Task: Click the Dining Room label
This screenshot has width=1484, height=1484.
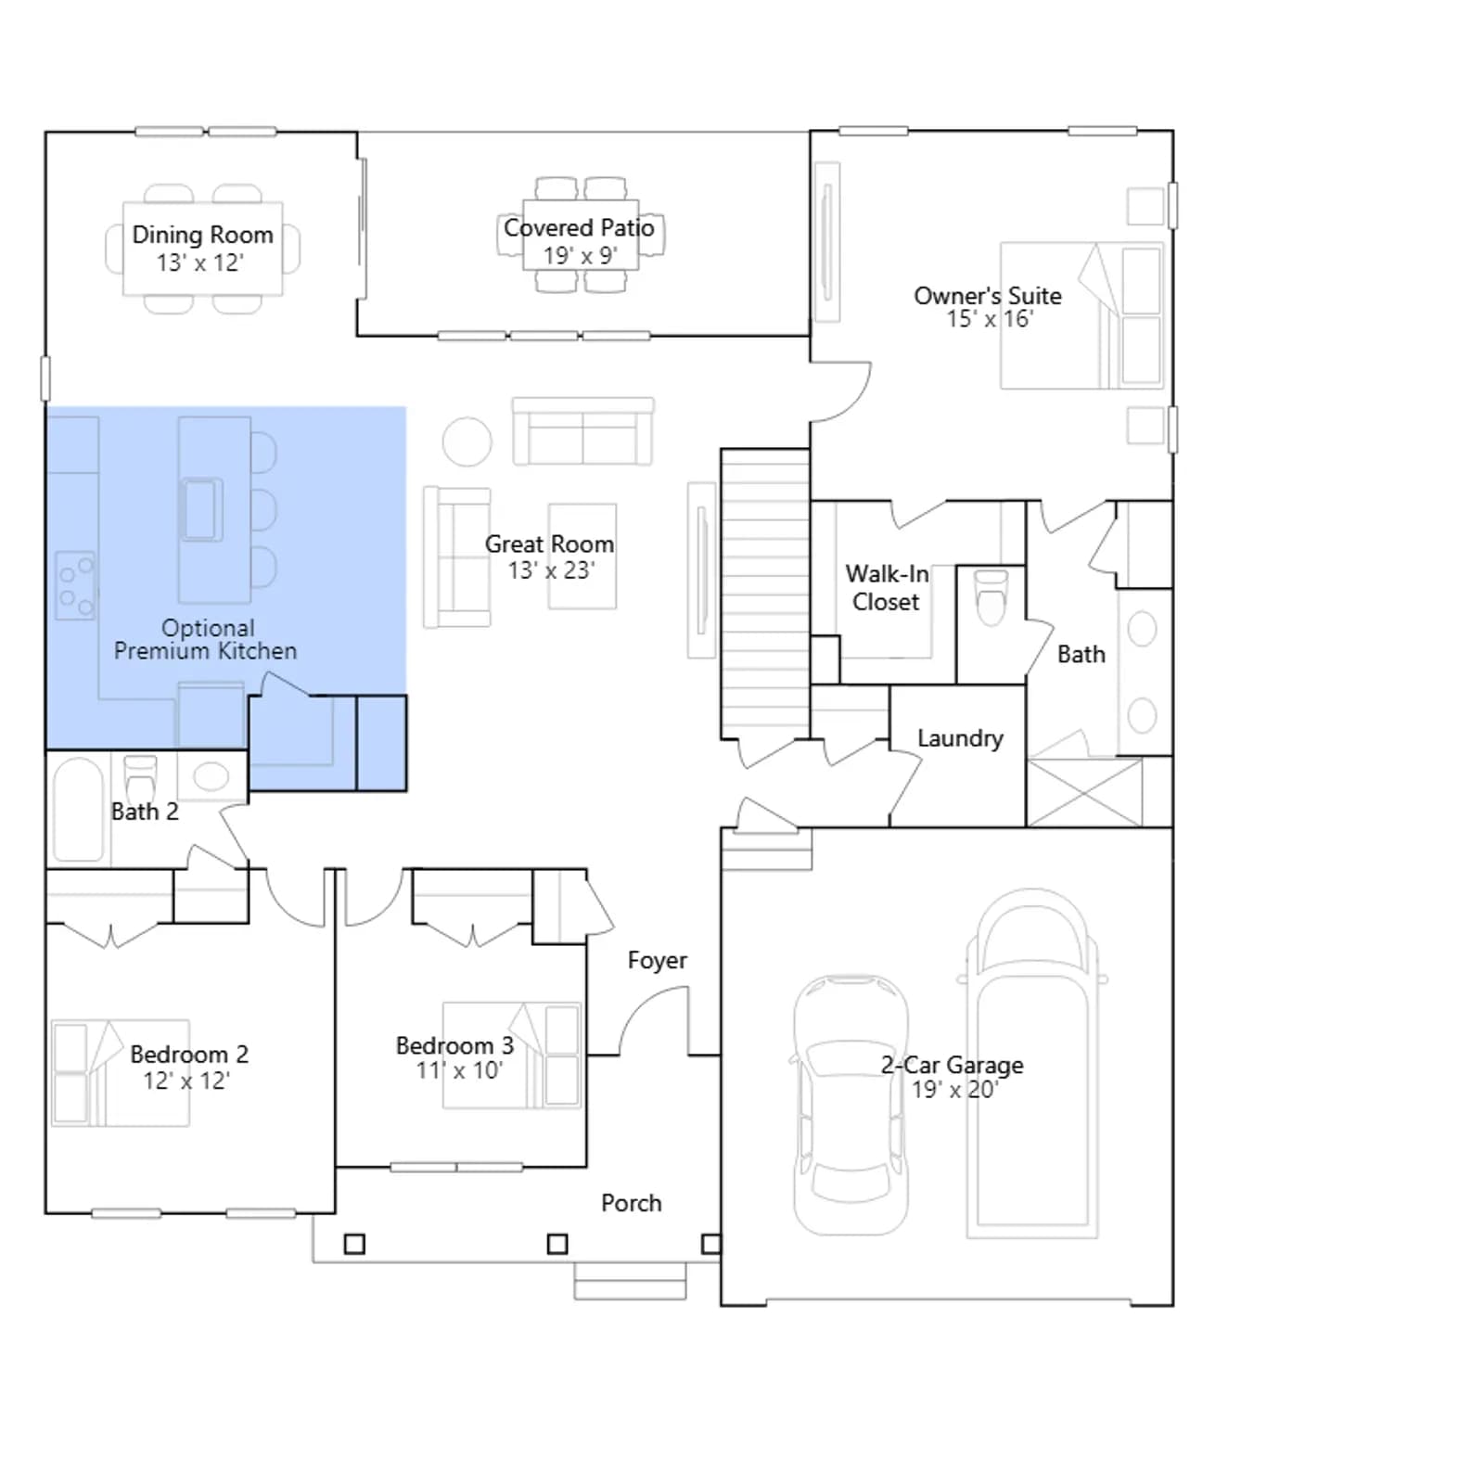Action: click(x=202, y=235)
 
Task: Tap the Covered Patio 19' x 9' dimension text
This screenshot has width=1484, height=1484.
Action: click(x=581, y=256)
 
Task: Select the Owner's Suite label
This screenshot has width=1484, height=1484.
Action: click(x=988, y=296)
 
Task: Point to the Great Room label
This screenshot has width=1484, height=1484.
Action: click(x=549, y=544)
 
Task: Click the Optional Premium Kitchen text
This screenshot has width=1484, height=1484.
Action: click(x=206, y=639)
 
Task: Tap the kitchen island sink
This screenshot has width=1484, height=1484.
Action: click(x=202, y=509)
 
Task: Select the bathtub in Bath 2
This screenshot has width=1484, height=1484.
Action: click(x=79, y=811)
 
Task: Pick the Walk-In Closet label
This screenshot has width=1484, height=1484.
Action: click(x=886, y=588)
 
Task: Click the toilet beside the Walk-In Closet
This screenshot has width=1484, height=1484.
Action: click(x=991, y=598)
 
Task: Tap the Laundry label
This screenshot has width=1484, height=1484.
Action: click(x=960, y=738)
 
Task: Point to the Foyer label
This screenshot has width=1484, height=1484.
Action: click(x=658, y=960)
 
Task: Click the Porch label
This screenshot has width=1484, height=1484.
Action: click(x=632, y=1203)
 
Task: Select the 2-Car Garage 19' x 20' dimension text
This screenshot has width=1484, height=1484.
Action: click(x=954, y=1090)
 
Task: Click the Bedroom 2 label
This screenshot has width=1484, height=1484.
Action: click(x=189, y=1055)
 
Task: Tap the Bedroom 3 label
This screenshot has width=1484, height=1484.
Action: click(x=454, y=1045)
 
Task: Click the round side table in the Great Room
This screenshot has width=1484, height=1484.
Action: click(x=467, y=441)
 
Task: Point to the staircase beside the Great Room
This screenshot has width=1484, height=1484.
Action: click(x=765, y=595)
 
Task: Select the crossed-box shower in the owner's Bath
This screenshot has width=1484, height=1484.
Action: click(x=1084, y=792)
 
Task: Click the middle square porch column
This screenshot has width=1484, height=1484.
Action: click(x=557, y=1244)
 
